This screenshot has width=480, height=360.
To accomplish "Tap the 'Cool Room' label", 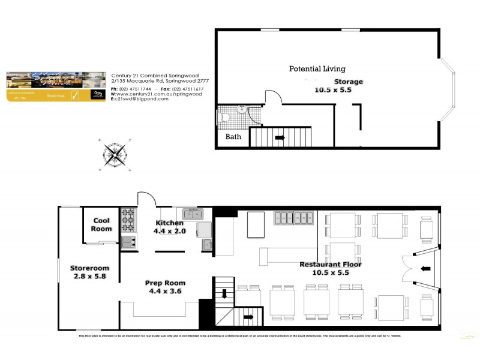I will point(101,225).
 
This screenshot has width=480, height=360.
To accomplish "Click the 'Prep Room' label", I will point(165,283).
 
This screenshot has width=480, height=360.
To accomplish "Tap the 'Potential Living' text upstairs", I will point(317,69).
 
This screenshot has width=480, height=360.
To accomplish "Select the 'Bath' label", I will point(233,137).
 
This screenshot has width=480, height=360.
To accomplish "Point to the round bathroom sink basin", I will point(241,109).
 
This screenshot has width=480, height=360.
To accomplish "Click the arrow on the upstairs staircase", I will point(280,137).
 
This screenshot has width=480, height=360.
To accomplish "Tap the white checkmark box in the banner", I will point(76,95).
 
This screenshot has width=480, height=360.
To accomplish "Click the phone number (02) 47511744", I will point(136,89).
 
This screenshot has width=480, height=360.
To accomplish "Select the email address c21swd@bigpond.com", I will point(142,98).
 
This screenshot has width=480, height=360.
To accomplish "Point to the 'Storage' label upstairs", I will point(348,81).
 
